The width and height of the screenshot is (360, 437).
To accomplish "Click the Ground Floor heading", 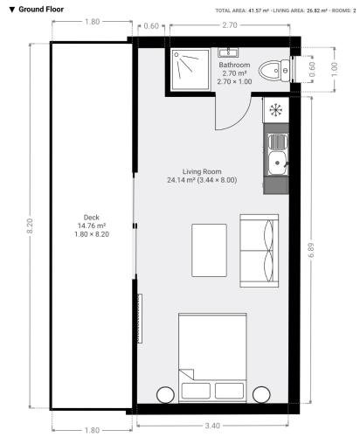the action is click(41, 10).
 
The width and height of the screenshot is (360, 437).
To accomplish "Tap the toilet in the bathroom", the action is click(273, 71).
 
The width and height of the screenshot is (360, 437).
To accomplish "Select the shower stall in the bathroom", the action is click(190, 69).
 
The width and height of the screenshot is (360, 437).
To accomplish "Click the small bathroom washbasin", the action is click(228, 52).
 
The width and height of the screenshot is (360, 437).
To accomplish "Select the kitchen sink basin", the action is click(278, 163).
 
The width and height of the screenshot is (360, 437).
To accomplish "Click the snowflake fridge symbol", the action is click(275, 110).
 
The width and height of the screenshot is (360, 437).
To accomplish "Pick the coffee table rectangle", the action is click(209, 250).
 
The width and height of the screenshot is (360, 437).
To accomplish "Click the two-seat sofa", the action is click(259, 251).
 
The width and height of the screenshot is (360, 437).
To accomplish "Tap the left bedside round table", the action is click(165, 395).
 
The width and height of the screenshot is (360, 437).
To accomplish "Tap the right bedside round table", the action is click(261, 395).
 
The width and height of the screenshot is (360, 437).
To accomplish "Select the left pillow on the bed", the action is click(196, 391).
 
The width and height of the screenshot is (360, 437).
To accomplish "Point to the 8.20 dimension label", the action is click(30, 226).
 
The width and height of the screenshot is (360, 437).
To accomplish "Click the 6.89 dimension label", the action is click(311, 250).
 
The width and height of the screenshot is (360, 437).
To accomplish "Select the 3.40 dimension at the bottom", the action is click(212, 426).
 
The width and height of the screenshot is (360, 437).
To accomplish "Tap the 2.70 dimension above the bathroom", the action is click(230, 25).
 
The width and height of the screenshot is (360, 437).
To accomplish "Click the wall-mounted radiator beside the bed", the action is click(140, 318).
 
